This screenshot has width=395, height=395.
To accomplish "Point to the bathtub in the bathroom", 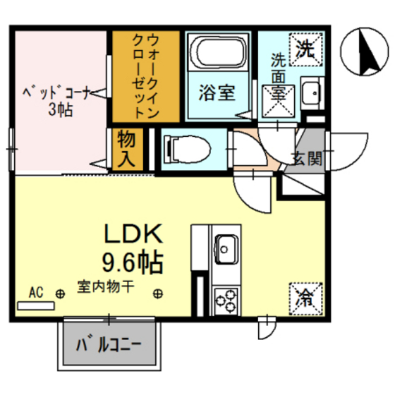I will click(x=218, y=54).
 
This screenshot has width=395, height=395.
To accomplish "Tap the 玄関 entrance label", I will click(x=308, y=158).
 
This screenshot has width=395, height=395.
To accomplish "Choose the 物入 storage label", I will click(x=126, y=147).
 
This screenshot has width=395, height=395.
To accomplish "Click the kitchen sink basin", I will click(x=227, y=248).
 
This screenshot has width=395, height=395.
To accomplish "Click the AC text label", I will click(x=37, y=291).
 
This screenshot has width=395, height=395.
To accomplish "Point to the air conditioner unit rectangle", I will click(x=35, y=305).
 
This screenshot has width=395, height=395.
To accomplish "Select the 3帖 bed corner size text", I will click(x=59, y=110).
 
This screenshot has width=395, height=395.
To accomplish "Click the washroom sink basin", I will click(x=310, y=91).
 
